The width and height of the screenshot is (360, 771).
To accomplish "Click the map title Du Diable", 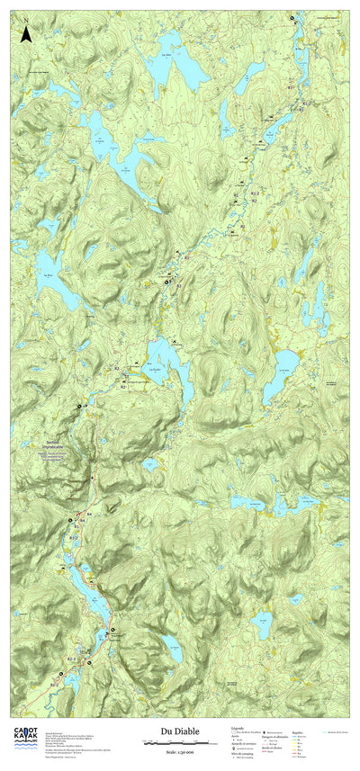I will (179, 733).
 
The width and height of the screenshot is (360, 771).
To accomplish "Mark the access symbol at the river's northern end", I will (291, 17).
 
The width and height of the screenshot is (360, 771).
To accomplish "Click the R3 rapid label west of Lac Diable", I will (117, 369).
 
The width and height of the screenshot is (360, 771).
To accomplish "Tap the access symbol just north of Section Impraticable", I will (78, 407).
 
